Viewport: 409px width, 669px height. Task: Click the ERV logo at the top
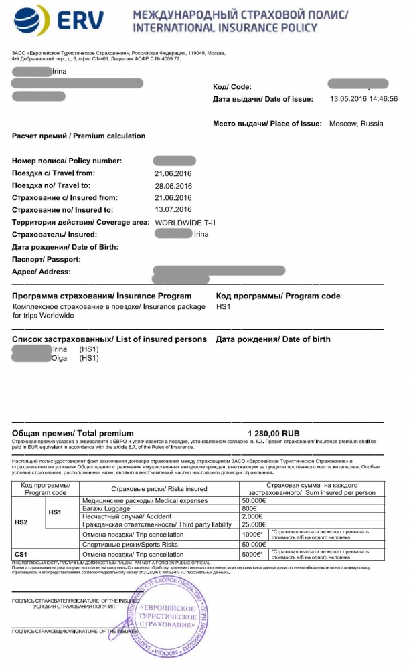tap(60, 22)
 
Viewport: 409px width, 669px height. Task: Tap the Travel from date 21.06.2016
tap(173, 173)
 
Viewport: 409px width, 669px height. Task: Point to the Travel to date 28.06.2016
tap(173, 185)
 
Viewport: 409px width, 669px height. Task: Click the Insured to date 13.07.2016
tap(173, 210)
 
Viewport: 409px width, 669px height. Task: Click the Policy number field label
tap(67, 161)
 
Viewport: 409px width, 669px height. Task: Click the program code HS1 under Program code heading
tap(223, 307)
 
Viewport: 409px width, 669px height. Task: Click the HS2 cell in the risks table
tap(21, 521)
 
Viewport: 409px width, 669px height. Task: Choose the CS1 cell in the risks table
tap(21, 554)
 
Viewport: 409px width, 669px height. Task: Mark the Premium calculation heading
tap(78, 136)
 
